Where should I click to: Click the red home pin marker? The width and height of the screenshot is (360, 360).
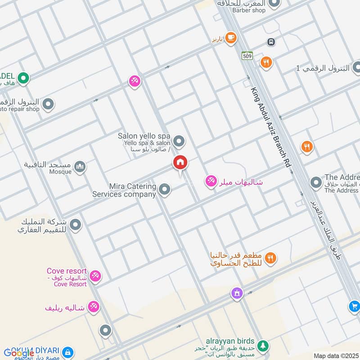pos(180,163)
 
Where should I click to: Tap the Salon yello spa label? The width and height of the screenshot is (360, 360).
pos(144,136)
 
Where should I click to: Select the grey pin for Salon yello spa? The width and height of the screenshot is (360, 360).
pos(179,142)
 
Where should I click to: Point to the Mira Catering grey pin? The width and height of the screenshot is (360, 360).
pos(165,189)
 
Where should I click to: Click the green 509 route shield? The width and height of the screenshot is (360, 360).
pos(247,56)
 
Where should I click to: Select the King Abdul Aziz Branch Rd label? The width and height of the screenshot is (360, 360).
pos(270,128)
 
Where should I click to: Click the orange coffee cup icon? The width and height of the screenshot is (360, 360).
pos(231,38)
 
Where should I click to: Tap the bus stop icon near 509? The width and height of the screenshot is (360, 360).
pos(271,42)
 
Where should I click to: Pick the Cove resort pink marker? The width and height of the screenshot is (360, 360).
pos(95,276)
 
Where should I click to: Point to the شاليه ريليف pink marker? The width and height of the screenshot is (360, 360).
pos(94,307)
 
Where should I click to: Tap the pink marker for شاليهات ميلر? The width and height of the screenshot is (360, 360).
pos(210,181)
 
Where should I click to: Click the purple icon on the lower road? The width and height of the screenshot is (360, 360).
pos(237,293)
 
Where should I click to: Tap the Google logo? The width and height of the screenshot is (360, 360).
pos(19,353)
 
